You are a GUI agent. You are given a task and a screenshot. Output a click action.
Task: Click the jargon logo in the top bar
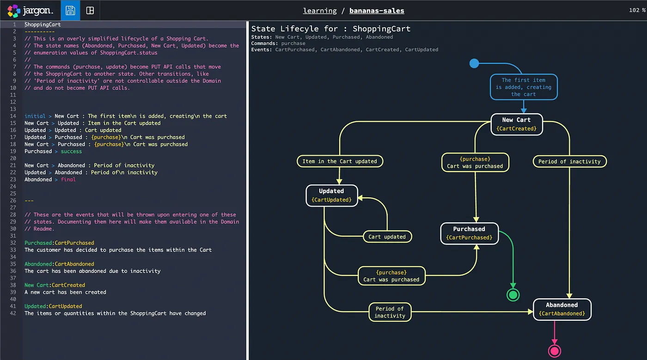[31, 10]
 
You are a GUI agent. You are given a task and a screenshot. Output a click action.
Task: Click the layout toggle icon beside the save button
[90, 10]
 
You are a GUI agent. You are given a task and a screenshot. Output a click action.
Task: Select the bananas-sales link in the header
[377, 11]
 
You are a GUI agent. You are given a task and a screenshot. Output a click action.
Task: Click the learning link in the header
[320, 11]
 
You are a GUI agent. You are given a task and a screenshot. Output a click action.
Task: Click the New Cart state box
[517, 124]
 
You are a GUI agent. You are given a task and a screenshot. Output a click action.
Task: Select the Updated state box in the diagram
[331, 195]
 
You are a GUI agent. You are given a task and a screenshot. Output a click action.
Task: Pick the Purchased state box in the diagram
[469, 233]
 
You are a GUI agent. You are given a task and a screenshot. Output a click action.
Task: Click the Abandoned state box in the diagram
[562, 309]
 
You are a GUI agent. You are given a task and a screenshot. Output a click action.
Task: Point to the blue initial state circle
[474, 63]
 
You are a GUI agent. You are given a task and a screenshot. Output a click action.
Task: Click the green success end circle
[513, 295]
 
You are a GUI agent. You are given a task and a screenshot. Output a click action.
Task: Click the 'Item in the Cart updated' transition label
[340, 161]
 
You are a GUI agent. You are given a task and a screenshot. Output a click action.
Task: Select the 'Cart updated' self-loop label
[387, 237]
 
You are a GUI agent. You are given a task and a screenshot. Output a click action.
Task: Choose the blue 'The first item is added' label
[524, 87]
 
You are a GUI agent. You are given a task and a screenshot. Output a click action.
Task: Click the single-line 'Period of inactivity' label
[569, 161]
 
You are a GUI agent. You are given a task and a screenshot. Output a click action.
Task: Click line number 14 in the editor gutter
[13, 116]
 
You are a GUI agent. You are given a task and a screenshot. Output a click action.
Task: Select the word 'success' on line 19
[71, 151]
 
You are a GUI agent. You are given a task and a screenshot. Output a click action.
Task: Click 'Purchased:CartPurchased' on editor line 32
[59, 243]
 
